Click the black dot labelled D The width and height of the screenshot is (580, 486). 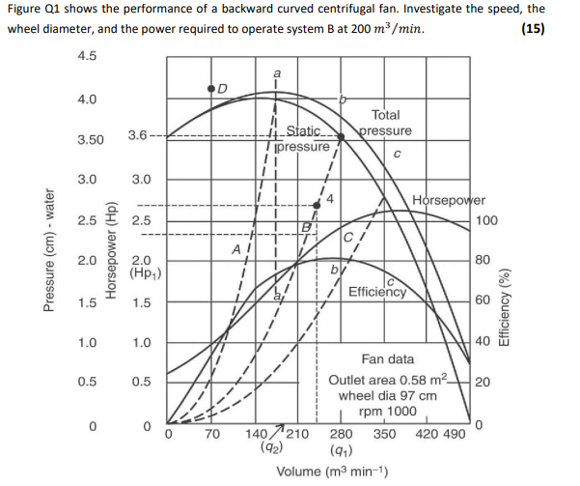211,89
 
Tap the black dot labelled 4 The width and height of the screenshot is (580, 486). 318,205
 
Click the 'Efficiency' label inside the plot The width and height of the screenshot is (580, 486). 377,290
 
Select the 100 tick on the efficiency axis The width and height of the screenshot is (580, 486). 487,220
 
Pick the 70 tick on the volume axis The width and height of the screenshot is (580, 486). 213,434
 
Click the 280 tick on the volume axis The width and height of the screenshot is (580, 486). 342,434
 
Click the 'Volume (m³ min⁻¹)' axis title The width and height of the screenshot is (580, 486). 334,471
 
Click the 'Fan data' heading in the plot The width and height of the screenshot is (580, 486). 388,358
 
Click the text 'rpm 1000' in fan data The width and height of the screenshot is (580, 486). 387,411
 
